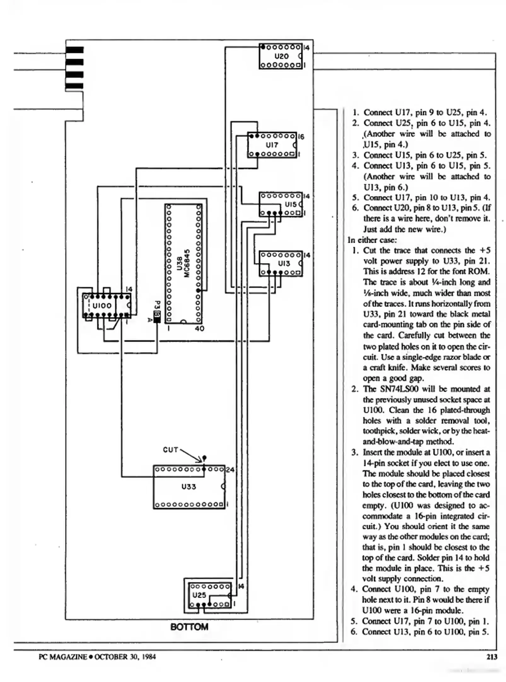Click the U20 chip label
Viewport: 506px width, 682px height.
pyautogui.click(x=281, y=57)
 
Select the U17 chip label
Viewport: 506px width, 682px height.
pyautogui.click(x=272, y=145)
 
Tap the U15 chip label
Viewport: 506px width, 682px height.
pyautogui.click(x=290, y=204)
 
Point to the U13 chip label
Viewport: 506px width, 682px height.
pyautogui.click(x=284, y=263)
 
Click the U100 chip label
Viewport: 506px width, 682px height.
pyautogui.click(x=102, y=306)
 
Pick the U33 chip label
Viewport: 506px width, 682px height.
pyautogui.click(x=189, y=487)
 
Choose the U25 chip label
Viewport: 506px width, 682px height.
pyautogui.click(x=199, y=595)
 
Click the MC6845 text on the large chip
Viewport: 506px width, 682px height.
pyautogui.click(x=187, y=263)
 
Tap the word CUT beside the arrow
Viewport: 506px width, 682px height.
pyautogui.click(x=171, y=450)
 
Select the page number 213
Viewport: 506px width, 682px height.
pyautogui.click(x=491, y=657)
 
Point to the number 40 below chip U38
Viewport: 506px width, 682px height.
pyautogui.click(x=200, y=328)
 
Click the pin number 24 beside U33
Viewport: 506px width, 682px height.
pyautogui.click(x=230, y=470)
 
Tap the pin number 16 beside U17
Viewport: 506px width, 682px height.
pyautogui.click(x=301, y=137)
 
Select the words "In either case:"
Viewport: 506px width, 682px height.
pyautogui.click(x=372, y=240)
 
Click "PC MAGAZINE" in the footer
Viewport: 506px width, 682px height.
pyautogui.click(x=62, y=657)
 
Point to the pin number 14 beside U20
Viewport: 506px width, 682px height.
pyautogui.click(x=306, y=48)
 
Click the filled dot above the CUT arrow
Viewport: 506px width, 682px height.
pyautogui.click(x=204, y=458)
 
